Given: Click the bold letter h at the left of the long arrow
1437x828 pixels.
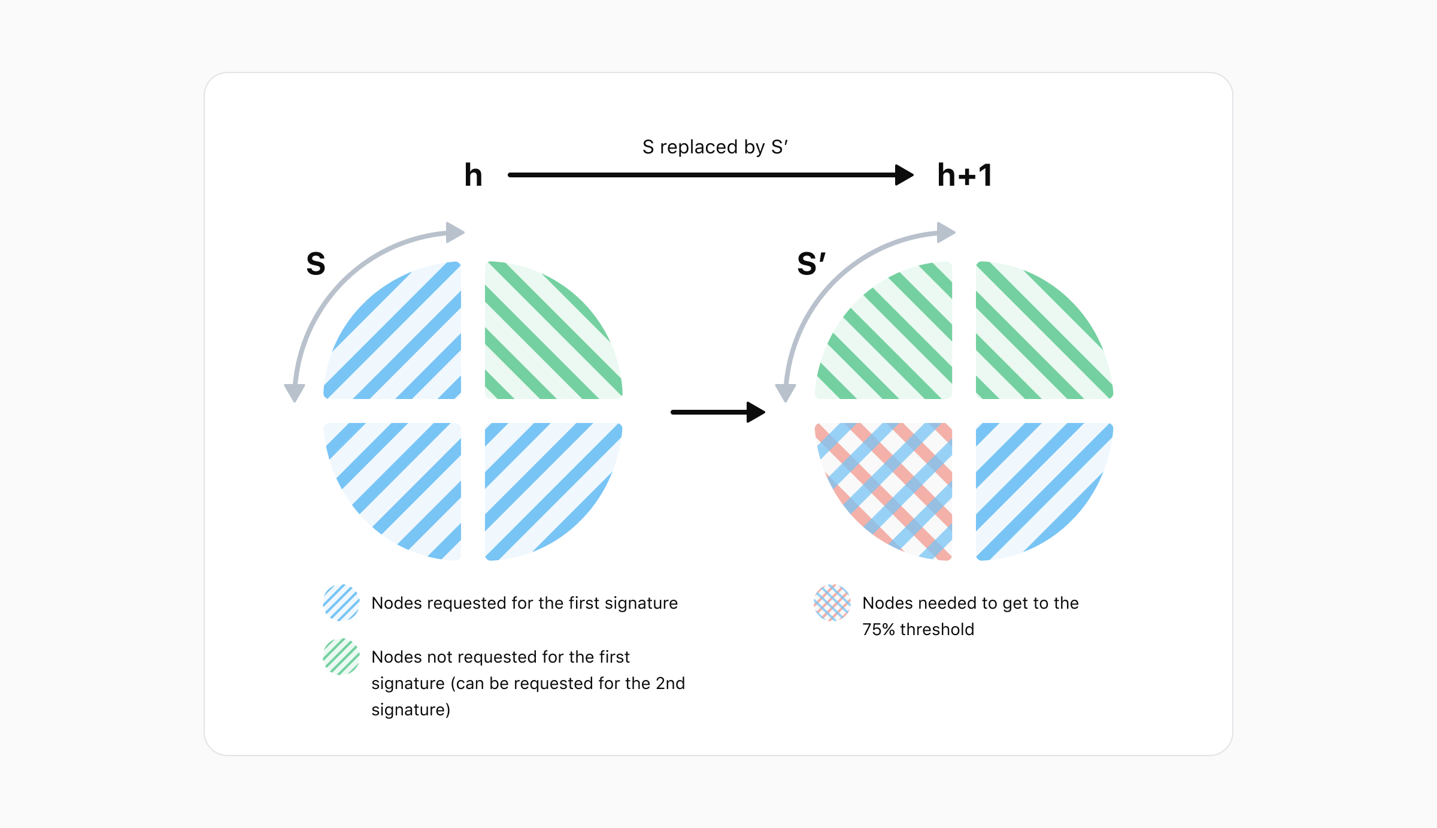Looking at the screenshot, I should (x=473, y=175).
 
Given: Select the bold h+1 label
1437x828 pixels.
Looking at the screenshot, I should (x=965, y=175).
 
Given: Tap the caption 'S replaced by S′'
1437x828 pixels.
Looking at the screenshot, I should (x=715, y=147).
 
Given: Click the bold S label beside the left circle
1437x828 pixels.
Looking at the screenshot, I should (x=316, y=264).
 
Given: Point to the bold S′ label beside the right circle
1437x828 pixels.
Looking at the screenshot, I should (x=811, y=264).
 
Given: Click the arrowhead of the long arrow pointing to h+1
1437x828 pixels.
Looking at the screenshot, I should (x=904, y=175).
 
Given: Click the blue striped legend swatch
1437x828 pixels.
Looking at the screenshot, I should (x=341, y=603).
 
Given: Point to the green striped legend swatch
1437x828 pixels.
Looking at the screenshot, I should (x=341, y=657).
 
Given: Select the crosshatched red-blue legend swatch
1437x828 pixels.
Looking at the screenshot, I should (x=832, y=603).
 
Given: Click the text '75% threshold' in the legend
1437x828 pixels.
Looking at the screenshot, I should (x=918, y=629).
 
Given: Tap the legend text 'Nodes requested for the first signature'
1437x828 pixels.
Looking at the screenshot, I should (x=525, y=603).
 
